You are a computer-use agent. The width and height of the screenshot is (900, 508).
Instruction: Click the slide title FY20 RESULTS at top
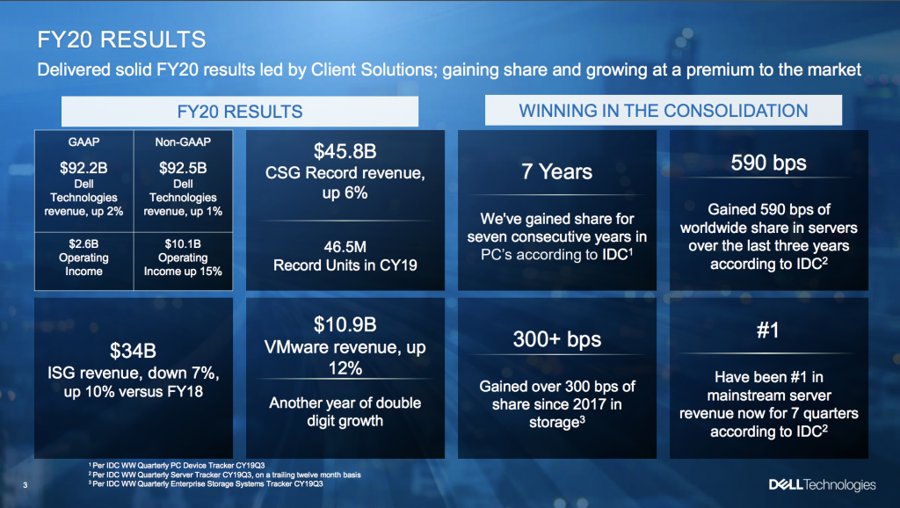click(x=121, y=40)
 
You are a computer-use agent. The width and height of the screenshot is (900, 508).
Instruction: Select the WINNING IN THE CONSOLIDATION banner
click(x=663, y=110)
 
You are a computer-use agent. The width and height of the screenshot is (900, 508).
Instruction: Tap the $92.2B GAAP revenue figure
click(x=83, y=168)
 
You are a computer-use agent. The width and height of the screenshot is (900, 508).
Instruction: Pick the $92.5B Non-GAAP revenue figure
click(x=183, y=168)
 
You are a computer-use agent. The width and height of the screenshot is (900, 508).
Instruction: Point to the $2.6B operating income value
click(x=83, y=244)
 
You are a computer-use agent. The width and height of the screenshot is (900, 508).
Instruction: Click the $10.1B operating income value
click(x=183, y=244)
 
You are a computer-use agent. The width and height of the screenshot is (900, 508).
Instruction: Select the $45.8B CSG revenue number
click(x=345, y=151)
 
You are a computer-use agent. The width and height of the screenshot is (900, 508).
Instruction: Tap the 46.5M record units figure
click(x=345, y=247)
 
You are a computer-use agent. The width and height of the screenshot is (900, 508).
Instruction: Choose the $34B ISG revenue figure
click(x=134, y=351)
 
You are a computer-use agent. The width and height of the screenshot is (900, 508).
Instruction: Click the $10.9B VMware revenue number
click(x=345, y=325)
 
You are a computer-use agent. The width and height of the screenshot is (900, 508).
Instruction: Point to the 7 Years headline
click(x=556, y=171)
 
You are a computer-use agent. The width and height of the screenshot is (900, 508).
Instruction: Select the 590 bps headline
click(x=768, y=163)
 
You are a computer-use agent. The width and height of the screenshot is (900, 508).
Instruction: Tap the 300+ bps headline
click(x=556, y=339)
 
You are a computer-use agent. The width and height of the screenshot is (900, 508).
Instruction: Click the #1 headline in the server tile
click(x=768, y=330)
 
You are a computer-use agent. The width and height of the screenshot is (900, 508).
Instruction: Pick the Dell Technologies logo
click(x=823, y=485)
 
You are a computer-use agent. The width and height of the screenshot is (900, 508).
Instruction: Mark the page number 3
click(x=25, y=485)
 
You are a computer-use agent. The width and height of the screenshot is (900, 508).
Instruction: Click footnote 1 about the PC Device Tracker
click(x=177, y=466)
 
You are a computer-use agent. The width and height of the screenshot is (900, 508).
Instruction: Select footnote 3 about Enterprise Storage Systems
click(x=206, y=484)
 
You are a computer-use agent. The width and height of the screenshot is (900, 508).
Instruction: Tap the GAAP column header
click(x=83, y=142)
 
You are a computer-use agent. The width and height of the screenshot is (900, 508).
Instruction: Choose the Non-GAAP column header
click(x=183, y=142)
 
